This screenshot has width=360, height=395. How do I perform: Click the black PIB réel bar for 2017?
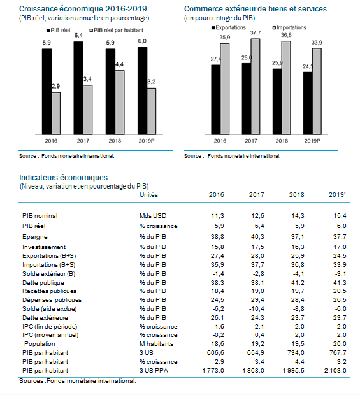click(78, 88)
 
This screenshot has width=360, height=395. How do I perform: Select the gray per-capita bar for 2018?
click(120, 103)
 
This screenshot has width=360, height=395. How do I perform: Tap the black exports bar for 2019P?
click(308, 103)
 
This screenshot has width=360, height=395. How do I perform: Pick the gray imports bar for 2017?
click(256, 87)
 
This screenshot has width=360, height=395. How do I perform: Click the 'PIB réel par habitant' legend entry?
click(117, 30)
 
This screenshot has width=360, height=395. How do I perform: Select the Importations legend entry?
click(289, 27)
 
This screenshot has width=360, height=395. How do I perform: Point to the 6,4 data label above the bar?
click(78, 35)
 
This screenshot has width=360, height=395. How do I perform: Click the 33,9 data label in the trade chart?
click(317, 43)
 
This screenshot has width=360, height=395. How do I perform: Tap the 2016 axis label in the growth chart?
click(51, 141)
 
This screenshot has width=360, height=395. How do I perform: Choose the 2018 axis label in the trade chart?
click(282, 141)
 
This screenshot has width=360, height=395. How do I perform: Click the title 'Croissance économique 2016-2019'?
click(83, 9)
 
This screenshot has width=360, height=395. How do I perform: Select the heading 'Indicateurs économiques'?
click(64, 178)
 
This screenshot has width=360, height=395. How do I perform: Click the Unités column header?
click(149, 195)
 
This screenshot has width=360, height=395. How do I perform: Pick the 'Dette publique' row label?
click(43, 283)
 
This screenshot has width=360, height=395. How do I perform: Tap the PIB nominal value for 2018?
click(298, 216)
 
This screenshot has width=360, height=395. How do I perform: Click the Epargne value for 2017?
click(257, 237)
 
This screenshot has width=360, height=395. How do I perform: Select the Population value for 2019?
click(340, 344)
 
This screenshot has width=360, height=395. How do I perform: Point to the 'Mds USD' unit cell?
click(153, 216)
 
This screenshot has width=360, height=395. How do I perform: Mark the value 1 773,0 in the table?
click(213, 371)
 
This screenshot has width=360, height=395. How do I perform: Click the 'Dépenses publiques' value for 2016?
click(217, 300)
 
